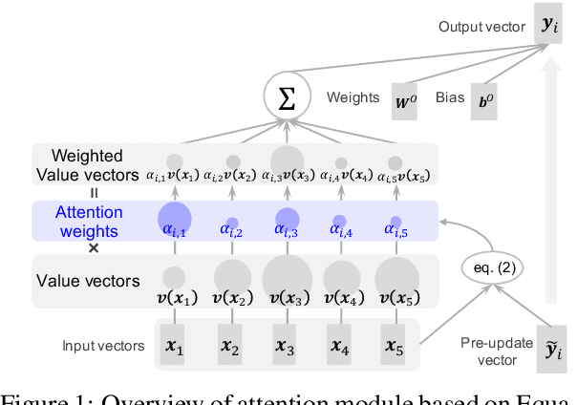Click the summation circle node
tap(286, 99)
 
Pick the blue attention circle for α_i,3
tap(286, 219)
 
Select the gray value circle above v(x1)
tap(174, 278)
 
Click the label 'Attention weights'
tap(88, 223)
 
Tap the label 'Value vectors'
tap(87, 281)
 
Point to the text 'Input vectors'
tap(102, 345)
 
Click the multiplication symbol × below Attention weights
tap(93, 248)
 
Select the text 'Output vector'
tap(481, 26)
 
